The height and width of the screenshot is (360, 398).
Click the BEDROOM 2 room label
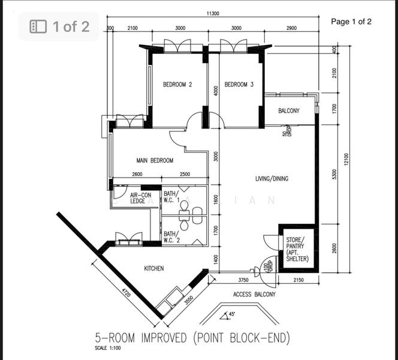pos(177,85)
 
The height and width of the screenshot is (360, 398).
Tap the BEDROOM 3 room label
pos(239,85)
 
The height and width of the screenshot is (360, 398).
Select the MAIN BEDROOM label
pos(155,161)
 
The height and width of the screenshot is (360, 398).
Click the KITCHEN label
pos(154,268)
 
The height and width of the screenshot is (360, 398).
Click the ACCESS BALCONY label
pos(255,295)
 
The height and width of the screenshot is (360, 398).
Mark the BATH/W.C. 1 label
pos(171,199)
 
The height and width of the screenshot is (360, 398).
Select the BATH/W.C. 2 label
pos(171,238)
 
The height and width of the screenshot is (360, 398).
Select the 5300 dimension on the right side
pos(334,174)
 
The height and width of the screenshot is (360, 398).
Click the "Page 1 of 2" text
pos(351,22)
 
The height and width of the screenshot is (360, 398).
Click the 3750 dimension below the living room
pos(243,280)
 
